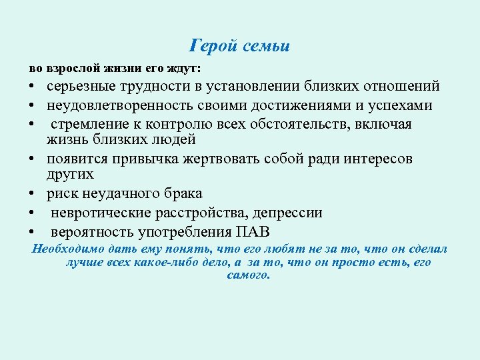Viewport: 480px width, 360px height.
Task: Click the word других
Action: click(70, 174)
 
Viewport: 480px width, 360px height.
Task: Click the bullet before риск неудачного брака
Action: click(31, 194)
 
